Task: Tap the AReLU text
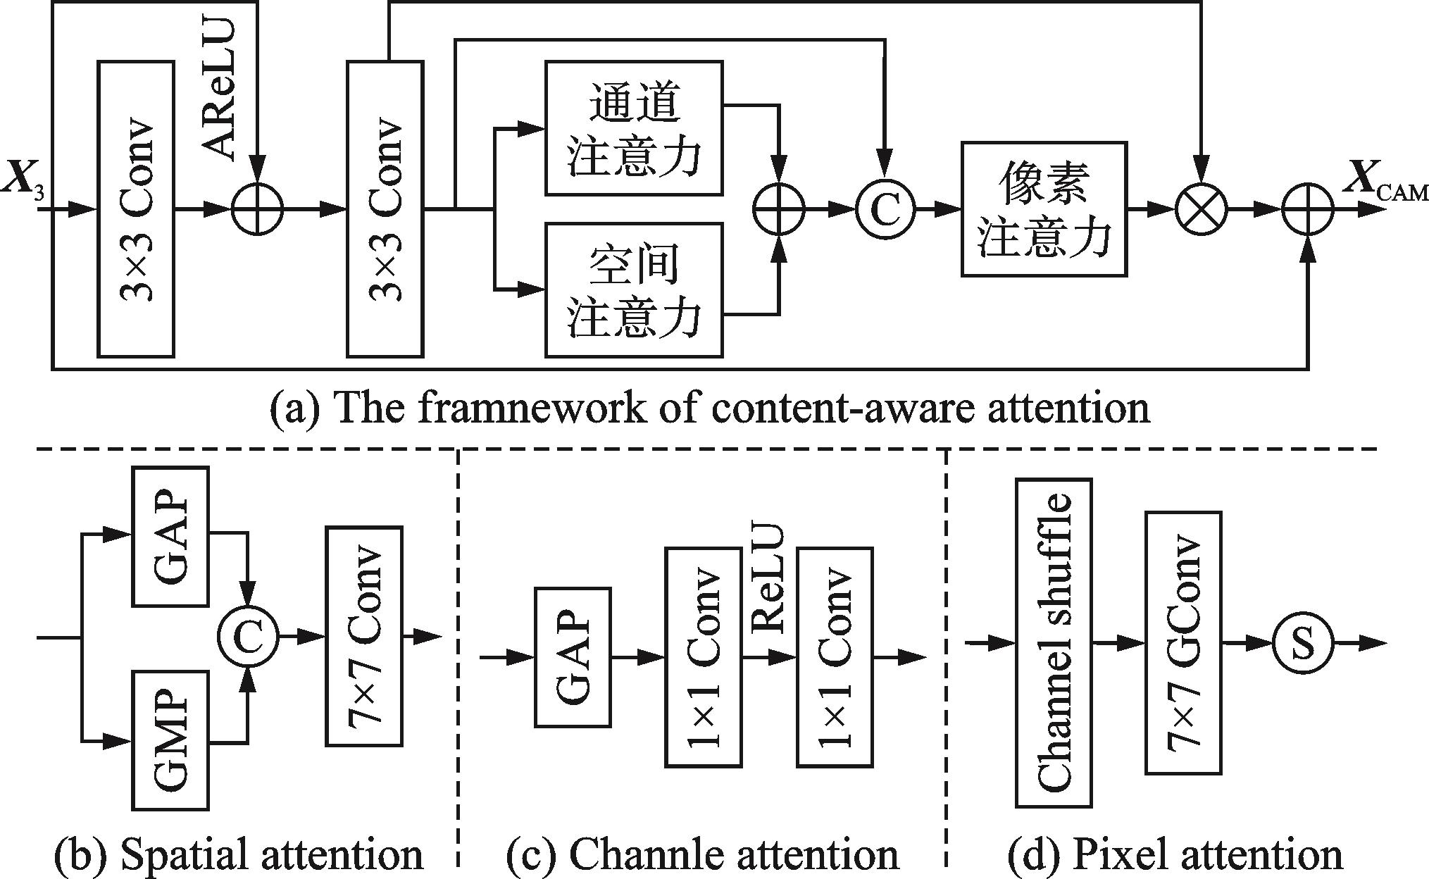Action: click(218, 88)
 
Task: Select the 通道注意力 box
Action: click(634, 127)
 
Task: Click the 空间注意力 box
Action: click(634, 289)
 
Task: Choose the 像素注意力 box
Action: click(1044, 208)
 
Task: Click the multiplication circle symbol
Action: click(1202, 209)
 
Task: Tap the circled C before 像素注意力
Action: click(885, 209)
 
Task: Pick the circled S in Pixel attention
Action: click(1303, 643)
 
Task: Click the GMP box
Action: click(171, 740)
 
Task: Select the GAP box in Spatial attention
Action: click(171, 535)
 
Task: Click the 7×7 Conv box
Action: click(364, 635)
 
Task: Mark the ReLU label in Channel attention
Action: click(768, 578)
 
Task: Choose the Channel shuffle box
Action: click(1054, 642)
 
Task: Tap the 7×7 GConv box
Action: click(1183, 642)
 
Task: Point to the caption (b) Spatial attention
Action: click(239, 854)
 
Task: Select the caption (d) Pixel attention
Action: click(1175, 854)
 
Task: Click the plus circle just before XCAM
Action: click(1308, 209)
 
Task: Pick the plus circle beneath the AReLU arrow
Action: click(258, 209)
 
